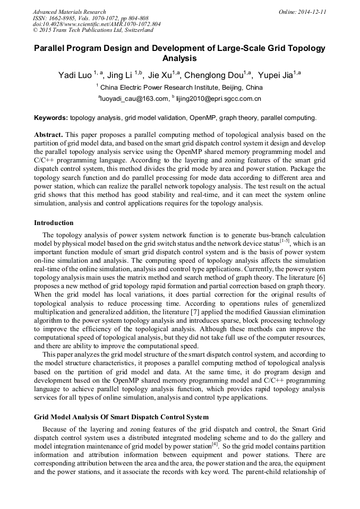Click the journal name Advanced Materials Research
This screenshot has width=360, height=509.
tap(69, 12)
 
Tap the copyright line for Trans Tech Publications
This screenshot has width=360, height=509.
tap(93, 30)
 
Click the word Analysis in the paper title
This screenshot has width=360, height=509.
tap(179, 58)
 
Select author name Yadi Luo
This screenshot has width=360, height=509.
tap(74, 75)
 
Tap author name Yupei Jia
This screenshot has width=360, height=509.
tap(275, 75)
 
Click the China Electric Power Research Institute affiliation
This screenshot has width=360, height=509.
tap(181, 87)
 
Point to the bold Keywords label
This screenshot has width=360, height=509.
tap(51, 118)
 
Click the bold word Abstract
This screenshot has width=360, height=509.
tap(49, 135)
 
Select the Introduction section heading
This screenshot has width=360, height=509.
tap(54, 223)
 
